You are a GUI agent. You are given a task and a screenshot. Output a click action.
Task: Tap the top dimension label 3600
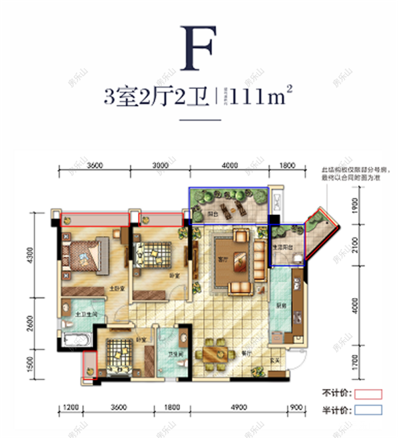coord(94,166)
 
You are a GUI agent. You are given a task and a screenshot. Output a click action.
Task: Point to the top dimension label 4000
coord(229,166)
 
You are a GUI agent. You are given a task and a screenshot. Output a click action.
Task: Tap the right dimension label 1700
coord(356,362)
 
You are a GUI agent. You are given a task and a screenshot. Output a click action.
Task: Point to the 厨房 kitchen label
coord(281,306)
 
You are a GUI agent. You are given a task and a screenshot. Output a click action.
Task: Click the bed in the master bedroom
coord(85,256)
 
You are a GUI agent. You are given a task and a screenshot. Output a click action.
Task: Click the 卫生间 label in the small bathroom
coord(175,354)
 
